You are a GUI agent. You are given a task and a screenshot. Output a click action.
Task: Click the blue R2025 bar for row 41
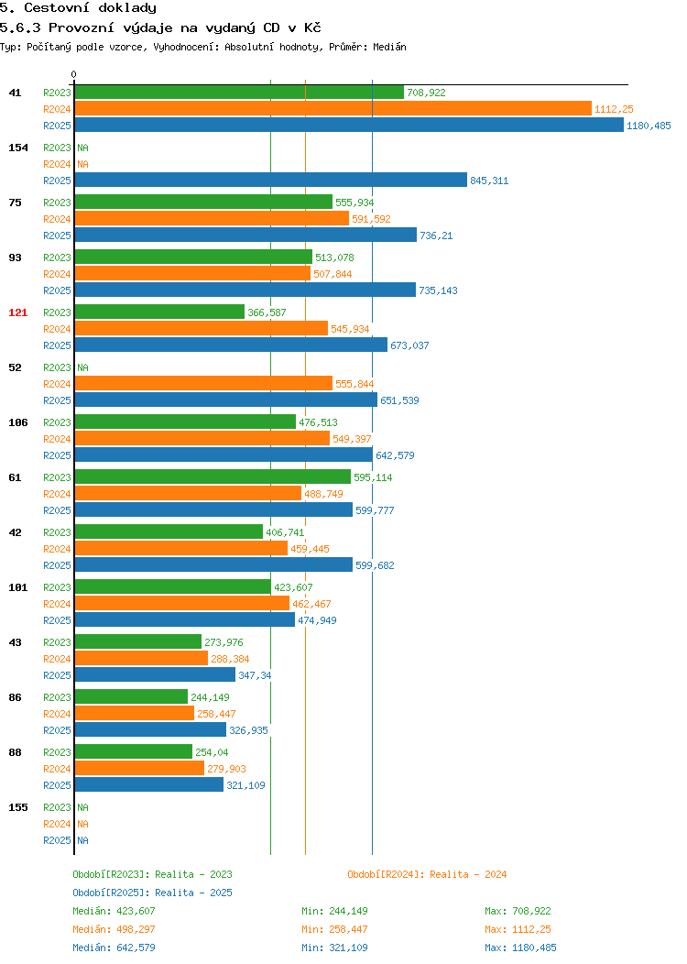tap(349, 125)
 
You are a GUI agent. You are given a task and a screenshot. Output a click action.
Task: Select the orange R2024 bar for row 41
tap(333, 109)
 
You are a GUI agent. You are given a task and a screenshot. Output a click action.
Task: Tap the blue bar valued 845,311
tap(271, 181)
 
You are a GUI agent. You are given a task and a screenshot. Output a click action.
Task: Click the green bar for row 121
tap(159, 312)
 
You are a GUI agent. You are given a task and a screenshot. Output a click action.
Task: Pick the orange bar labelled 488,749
tap(188, 494)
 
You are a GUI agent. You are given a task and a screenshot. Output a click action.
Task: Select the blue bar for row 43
tap(155, 675)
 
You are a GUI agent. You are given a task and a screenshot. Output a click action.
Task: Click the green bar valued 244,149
tap(132, 696)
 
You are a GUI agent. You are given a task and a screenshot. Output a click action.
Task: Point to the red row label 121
tap(17, 312)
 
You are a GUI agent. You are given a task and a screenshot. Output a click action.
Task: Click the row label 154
tap(17, 148)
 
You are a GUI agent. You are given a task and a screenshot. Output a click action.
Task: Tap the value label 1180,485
tap(649, 126)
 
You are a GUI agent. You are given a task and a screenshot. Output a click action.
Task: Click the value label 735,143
tap(438, 290)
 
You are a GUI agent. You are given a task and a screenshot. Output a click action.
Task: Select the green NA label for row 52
tap(83, 367)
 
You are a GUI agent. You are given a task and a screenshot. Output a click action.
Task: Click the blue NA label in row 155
tap(83, 840)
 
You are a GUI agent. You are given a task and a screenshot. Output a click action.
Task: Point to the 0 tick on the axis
tap(74, 74)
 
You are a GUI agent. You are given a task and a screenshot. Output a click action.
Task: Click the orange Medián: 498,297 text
tap(114, 929)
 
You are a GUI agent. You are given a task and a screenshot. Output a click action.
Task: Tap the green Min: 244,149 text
tap(335, 911)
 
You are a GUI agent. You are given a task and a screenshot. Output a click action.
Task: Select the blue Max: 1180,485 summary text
tap(520, 948)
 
